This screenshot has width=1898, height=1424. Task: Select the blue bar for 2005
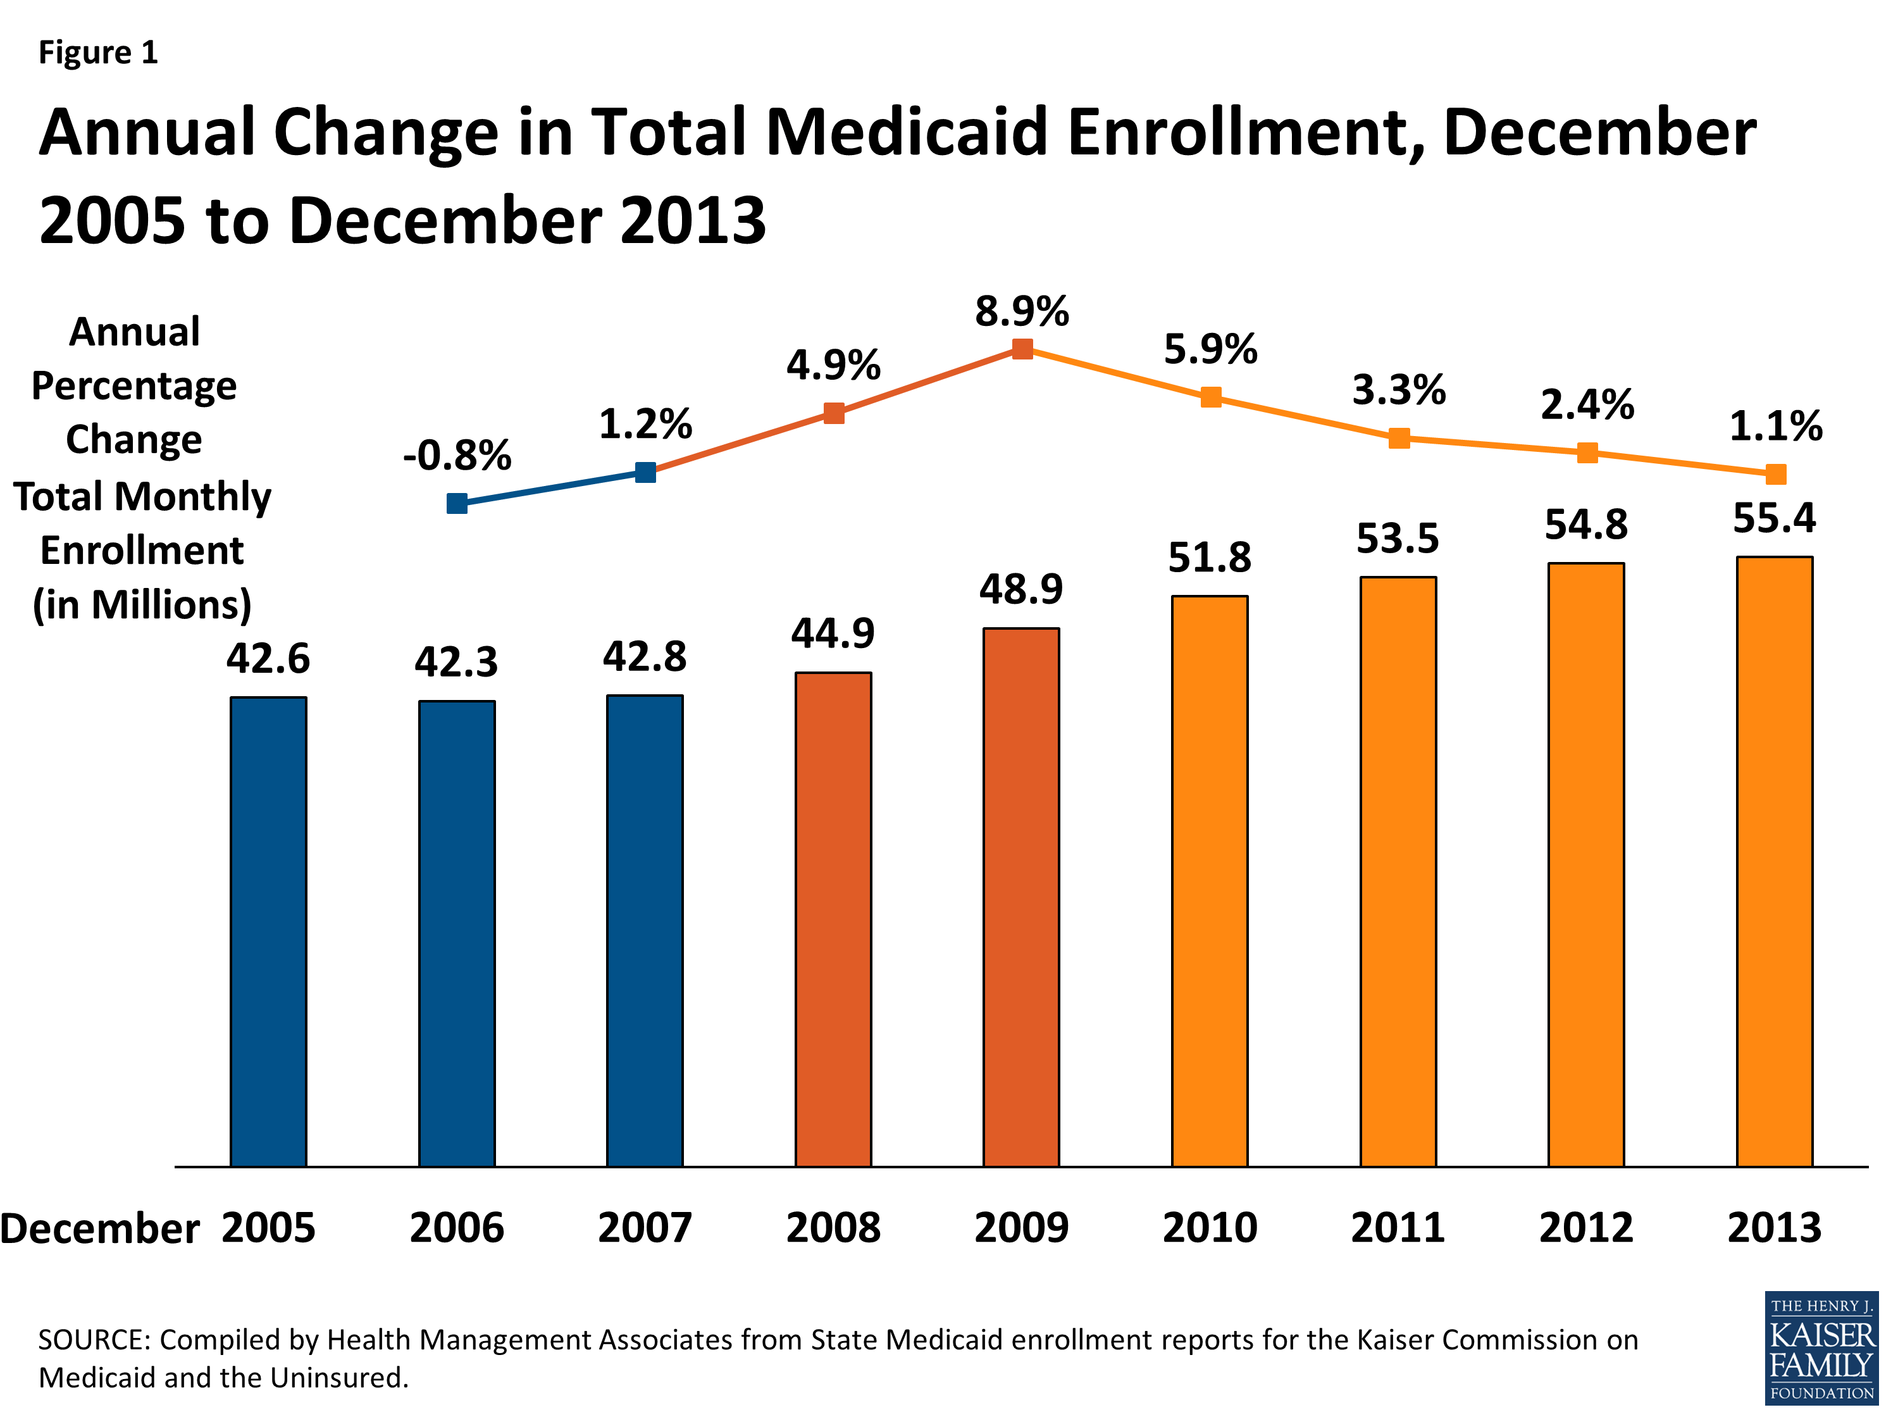point(269,932)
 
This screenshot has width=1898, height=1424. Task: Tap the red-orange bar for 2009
point(1021,897)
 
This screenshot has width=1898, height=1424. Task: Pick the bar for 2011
point(1398,871)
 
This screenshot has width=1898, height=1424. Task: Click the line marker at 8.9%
point(1022,349)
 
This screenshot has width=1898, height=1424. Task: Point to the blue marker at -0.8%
point(457,504)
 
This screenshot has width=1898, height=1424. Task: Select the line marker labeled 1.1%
point(1775,474)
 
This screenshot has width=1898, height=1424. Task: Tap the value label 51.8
point(1210,558)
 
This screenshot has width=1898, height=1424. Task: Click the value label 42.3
point(457,663)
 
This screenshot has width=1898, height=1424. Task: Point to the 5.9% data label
point(1210,349)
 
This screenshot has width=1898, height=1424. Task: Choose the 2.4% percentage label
point(1587,404)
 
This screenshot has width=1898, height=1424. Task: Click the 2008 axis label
point(833,1227)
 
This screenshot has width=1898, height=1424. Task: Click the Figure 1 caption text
point(99,53)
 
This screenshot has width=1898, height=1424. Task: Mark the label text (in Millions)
point(142,604)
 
